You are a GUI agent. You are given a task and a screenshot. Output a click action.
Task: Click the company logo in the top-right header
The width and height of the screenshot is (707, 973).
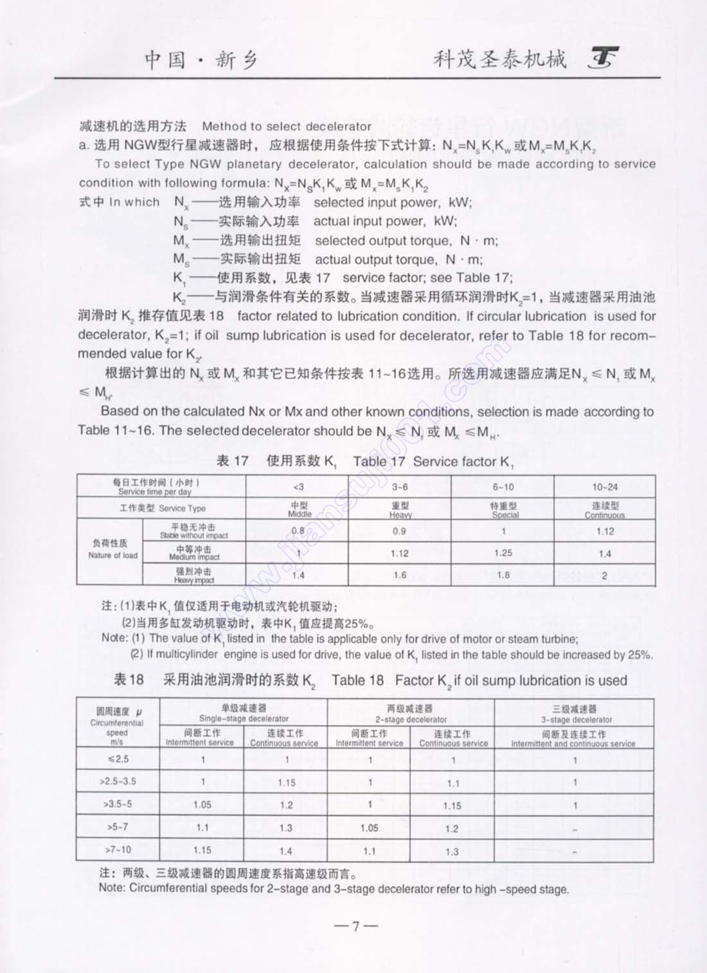[x=604, y=59]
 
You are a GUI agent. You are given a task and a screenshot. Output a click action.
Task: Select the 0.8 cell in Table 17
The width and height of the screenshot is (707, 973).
[x=298, y=531]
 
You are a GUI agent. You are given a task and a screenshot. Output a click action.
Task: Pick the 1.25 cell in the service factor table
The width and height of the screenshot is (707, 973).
[x=503, y=553]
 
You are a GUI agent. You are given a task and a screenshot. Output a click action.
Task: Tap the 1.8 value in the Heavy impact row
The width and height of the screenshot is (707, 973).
[x=503, y=575]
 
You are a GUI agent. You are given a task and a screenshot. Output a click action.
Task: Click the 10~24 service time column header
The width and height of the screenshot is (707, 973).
[x=605, y=487]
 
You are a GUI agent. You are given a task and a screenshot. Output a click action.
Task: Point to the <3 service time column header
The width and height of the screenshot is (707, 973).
[x=298, y=487]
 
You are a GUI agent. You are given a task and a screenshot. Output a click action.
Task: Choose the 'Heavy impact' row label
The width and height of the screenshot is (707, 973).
[x=194, y=575]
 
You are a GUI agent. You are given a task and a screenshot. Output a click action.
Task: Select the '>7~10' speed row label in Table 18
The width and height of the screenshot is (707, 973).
[x=118, y=850]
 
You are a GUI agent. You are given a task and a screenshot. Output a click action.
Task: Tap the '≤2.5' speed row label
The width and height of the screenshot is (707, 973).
[x=118, y=759]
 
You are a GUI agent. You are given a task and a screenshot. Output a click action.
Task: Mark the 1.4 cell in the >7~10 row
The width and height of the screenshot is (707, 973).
[x=286, y=851]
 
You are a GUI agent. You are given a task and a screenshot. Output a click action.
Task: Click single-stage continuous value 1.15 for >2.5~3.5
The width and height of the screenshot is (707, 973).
[x=286, y=783]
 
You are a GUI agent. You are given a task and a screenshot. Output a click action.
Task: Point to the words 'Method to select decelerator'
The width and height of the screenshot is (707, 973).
[x=287, y=126]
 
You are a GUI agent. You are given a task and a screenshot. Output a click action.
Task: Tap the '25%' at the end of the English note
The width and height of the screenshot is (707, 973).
[x=640, y=655]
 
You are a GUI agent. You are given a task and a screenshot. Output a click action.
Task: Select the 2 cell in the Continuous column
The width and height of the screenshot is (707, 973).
[x=605, y=575]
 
